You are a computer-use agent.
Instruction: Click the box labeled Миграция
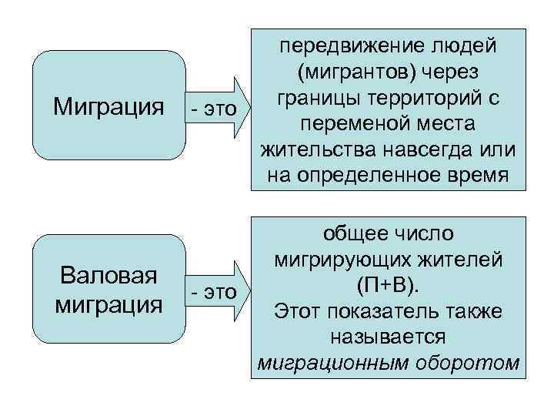[x=108, y=105]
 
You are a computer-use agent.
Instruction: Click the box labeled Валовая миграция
[x=108, y=290]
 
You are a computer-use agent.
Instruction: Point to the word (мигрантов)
[x=353, y=72]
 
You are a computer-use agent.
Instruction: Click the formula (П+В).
[x=387, y=285]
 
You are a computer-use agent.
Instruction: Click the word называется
[x=387, y=337]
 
